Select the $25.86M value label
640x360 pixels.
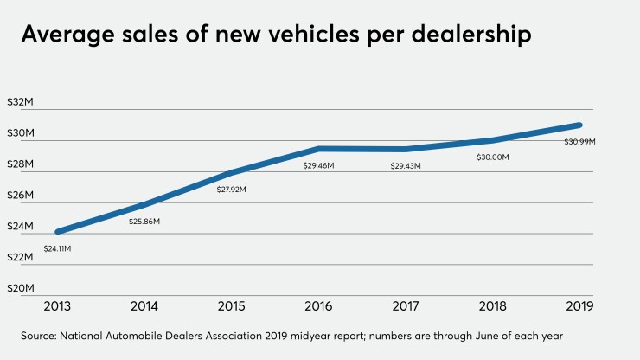(x=144, y=222)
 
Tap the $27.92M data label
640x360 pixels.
(x=232, y=189)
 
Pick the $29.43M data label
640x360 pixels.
(x=406, y=165)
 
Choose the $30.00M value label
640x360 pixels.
(x=493, y=157)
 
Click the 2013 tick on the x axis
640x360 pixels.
(x=57, y=306)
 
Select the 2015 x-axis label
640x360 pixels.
(x=232, y=306)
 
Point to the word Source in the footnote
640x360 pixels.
(x=41, y=335)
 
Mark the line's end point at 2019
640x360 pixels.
(x=579, y=125)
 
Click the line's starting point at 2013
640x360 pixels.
(x=58, y=231)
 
